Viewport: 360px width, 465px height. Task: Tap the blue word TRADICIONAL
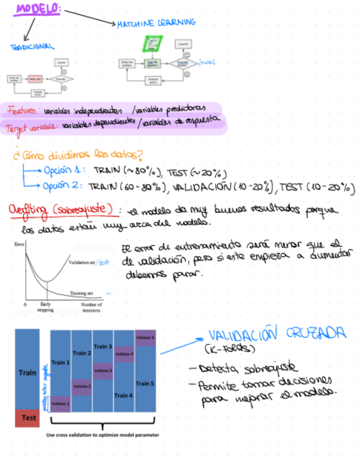(32, 47)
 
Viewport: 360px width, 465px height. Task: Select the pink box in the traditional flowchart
(35, 79)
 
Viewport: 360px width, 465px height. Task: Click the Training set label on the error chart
(81, 294)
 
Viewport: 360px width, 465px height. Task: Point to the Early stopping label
(46, 307)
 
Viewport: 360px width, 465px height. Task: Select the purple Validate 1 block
(60, 404)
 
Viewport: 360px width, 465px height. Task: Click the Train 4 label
(123, 395)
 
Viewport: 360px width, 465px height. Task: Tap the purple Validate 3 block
(103, 371)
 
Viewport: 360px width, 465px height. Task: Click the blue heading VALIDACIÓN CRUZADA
(277, 334)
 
